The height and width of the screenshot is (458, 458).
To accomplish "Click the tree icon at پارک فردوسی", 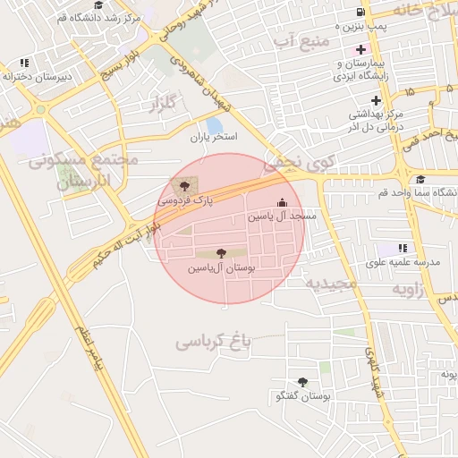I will (184, 186).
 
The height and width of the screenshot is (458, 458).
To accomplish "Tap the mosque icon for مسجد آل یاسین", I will (284, 203).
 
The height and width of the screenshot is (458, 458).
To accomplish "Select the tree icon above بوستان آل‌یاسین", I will (221, 253).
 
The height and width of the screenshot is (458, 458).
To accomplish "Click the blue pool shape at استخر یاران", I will (215, 126).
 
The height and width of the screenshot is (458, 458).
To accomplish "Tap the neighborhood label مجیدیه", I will (332, 284).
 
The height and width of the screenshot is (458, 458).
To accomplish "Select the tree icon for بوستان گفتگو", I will (301, 382).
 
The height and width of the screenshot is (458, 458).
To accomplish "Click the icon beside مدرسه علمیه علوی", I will (403, 248).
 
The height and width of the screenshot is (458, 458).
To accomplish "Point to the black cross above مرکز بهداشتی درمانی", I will (377, 99).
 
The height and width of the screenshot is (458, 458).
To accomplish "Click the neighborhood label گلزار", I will (156, 105).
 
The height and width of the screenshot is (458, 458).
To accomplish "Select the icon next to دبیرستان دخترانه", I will (23, 63).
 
